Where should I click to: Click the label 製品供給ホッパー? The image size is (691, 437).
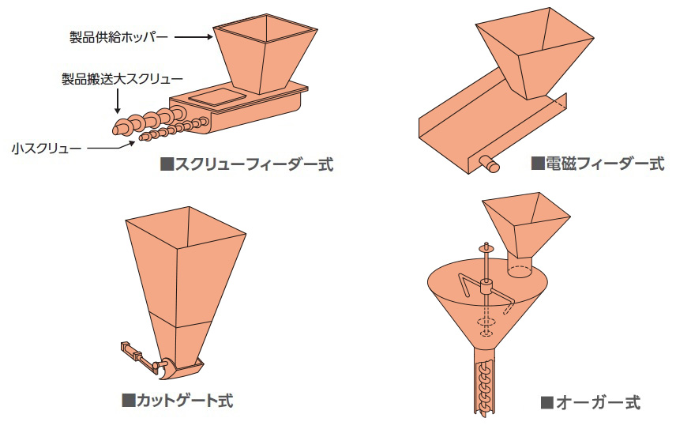tap(119, 36)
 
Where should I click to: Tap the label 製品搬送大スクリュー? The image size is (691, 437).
tap(122, 79)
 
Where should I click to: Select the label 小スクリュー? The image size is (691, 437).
tap(47, 149)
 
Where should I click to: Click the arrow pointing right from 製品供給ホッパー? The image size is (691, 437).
tap(194, 37)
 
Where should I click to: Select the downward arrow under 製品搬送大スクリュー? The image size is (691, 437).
tap(118, 101)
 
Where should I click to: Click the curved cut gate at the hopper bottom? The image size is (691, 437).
tap(167, 370)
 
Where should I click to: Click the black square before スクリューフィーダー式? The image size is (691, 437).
tap(167, 165)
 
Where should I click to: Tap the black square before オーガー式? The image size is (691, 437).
tap(547, 403)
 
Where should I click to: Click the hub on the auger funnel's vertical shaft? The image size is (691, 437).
tap(486, 287)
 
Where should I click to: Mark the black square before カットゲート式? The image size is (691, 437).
tap(128, 401)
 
